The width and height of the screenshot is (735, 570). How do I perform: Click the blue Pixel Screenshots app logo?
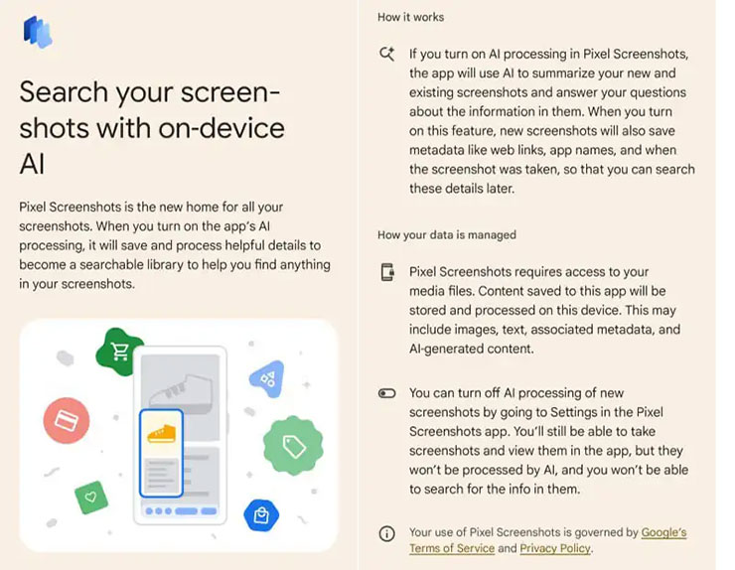click(38, 32)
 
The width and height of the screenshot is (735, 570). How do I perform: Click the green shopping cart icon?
click(120, 352)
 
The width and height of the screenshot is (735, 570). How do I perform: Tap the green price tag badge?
click(293, 446)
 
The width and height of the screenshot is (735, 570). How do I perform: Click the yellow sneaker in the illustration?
click(161, 434)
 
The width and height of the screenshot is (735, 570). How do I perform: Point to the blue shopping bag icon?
click(261, 514)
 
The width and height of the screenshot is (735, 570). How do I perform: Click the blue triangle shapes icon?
click(266, 377)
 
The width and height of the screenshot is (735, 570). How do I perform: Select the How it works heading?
click(411, 17)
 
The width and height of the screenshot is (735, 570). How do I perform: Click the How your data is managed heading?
click(447, 235)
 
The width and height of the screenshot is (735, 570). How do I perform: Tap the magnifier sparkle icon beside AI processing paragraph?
click(387, 55)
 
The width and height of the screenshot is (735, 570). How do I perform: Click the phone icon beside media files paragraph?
click(387, 273)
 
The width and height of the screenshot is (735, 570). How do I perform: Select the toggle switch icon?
click(387, 394)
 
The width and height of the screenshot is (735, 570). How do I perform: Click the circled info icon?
click(387, 534)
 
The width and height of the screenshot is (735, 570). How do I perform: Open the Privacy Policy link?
click(555, 548)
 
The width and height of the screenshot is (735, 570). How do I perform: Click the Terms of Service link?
click(451, 548)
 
